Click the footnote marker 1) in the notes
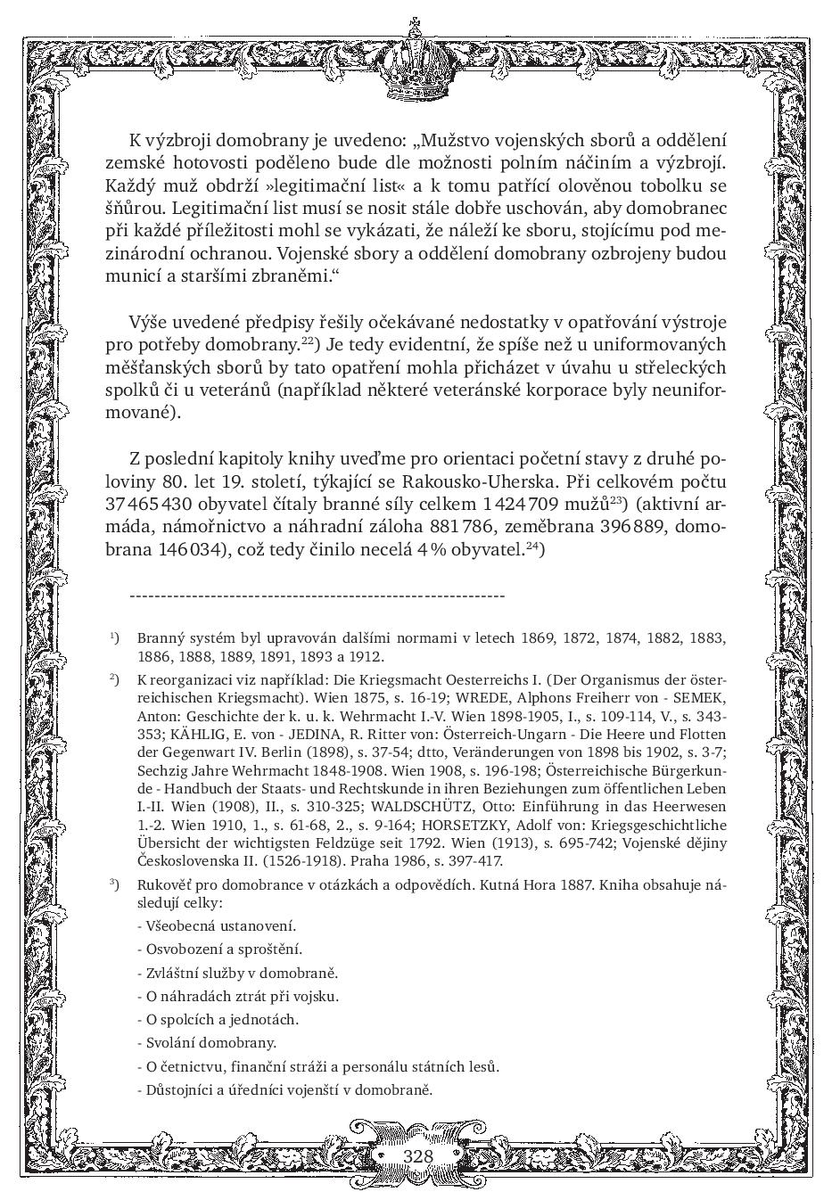point(115,638)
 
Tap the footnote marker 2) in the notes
point(115,679)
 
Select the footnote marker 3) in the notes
point(115,884)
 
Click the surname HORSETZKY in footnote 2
point(469,826)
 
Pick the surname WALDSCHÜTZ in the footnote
point(417,807)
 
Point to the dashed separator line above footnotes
point(317,596)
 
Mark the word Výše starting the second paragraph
point(148,322)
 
